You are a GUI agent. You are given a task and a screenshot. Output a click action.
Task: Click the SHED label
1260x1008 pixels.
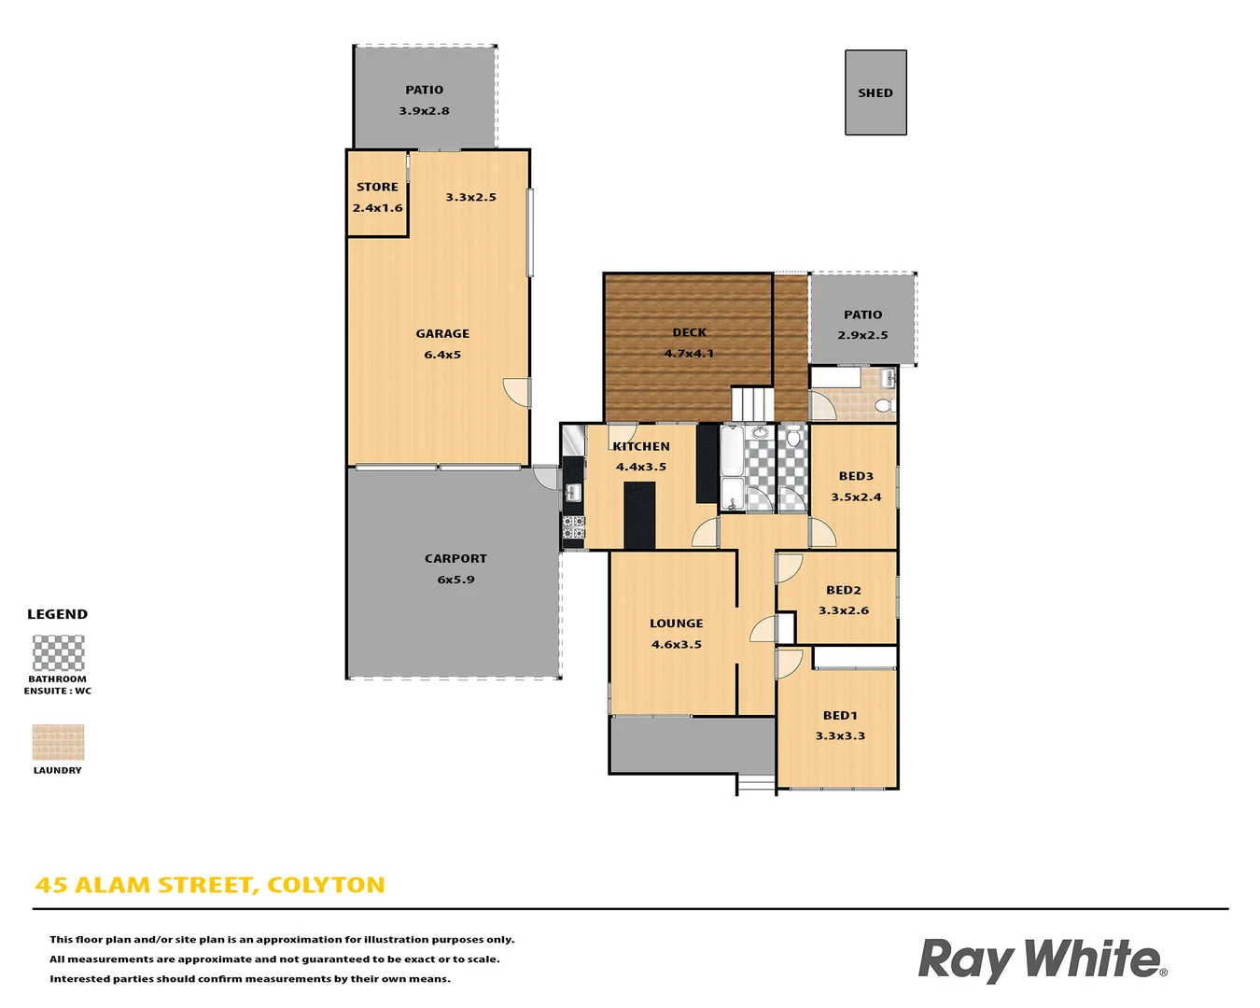coord(875,93)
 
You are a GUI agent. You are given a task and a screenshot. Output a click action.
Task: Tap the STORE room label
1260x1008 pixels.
coord(377,187)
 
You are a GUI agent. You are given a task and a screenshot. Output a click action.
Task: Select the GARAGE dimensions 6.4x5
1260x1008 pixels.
coord(442,355)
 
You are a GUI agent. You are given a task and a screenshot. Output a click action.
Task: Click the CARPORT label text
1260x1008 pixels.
coord(455,558)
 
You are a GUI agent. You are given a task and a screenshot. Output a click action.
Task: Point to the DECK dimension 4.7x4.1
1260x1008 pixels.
coord(689,354)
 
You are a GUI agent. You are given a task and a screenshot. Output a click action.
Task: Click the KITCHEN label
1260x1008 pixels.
coord(641,446)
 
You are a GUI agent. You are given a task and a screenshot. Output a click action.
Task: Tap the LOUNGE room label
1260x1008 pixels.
coord(677,623)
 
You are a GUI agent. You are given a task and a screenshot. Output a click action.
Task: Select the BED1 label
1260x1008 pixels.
coord(840,715)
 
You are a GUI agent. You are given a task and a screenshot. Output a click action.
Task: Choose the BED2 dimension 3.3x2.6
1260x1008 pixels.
coord(844,610)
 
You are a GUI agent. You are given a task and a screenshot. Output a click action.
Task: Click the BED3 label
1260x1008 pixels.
coord(856,476)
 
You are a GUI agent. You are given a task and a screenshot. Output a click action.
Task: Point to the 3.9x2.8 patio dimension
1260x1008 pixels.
coord(425,111)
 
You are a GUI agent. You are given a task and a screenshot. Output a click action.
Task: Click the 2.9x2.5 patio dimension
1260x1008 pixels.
coord(862,335)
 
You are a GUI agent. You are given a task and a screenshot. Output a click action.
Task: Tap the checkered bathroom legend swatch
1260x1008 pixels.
coord(58,653)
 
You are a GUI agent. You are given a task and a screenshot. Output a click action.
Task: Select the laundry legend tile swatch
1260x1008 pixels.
coord(58,743)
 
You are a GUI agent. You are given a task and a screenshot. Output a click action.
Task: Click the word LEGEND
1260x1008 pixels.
coord(57,614)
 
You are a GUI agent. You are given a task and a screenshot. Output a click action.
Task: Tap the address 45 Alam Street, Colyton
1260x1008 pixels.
coord(210,885)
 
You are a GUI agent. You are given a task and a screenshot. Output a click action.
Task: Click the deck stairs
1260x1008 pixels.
coord(752,404)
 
